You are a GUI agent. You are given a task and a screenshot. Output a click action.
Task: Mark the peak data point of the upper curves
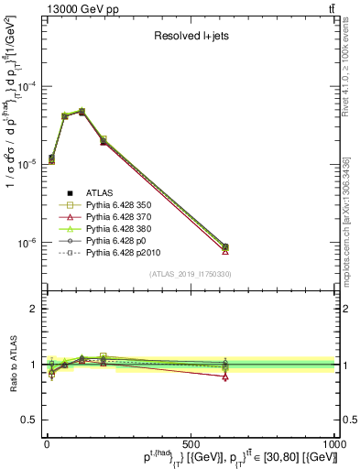82,111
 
